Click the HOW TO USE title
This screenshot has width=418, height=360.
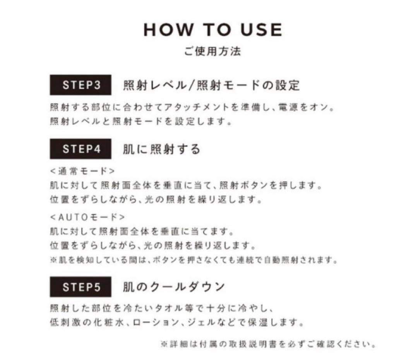click(212, 30)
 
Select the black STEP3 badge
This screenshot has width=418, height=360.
click(81, 85)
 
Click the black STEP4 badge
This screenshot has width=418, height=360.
click(81, 149)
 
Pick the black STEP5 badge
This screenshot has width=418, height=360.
click(81, 287)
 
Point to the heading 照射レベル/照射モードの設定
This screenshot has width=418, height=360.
click(211, 85)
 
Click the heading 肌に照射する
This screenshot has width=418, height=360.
click(162, 149)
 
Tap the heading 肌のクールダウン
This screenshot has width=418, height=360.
click(174, 287)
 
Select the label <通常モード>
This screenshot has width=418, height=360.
click(82, 171)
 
